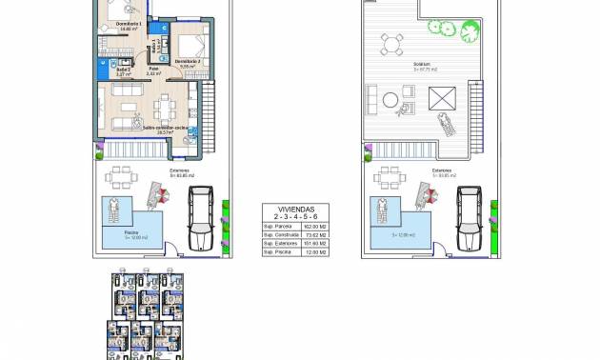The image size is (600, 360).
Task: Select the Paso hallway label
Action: (153, 69)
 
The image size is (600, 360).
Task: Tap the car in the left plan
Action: (201, 215)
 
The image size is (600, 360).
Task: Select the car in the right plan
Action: (470, 215)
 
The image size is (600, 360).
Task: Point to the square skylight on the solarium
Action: (444, 97)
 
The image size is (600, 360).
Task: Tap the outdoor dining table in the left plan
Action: (120, 178)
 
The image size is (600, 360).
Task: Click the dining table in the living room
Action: (166, 101)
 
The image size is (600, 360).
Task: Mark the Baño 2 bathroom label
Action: (123, 70)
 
